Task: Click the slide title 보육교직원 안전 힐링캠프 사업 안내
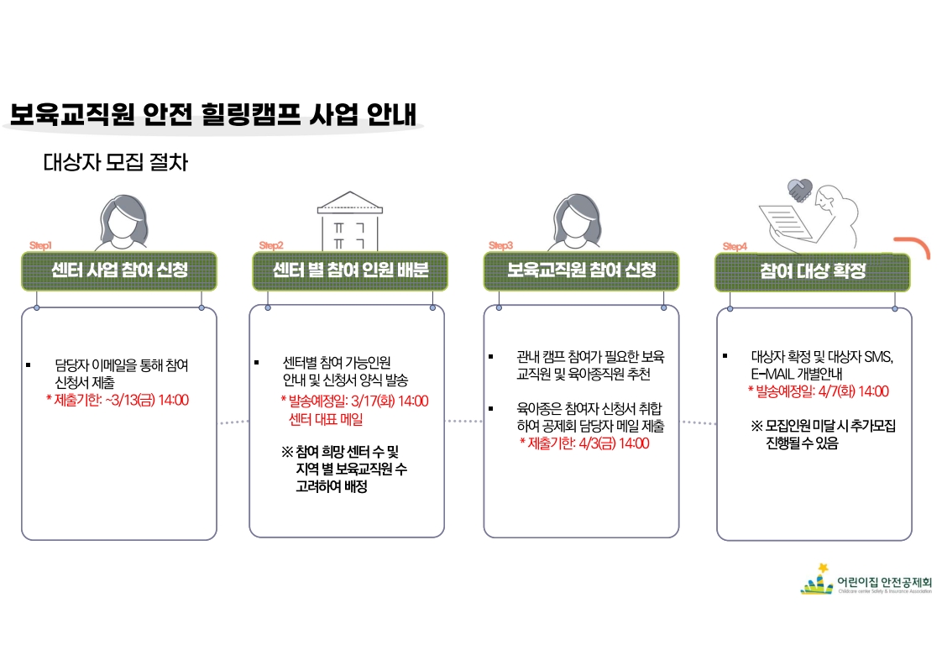tap(213, 114)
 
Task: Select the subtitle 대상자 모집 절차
tap(115, 162)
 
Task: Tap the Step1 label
tap(40, 245)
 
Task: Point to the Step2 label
tap(271, 245)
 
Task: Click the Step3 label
tap(500, 245)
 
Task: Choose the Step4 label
tap(735, 246)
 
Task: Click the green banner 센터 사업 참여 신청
tap(119, 270)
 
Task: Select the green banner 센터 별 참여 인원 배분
tap(350, 270)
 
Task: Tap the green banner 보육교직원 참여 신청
tap(581, 270)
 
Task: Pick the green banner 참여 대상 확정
tap(812, 271)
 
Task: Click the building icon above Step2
tap(348, 221)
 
